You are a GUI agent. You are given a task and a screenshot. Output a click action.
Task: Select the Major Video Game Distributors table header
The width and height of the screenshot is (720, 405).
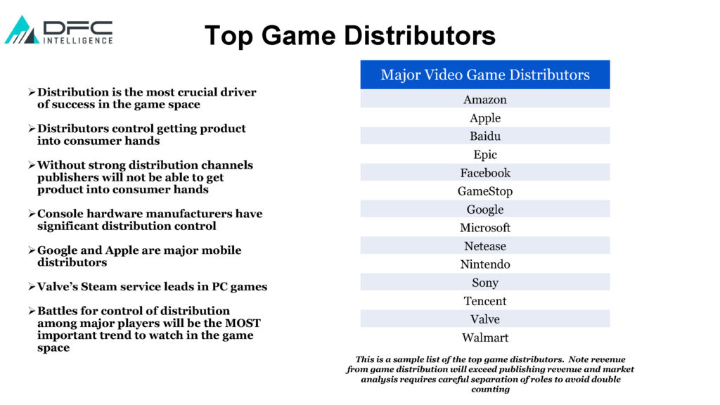point(485,75)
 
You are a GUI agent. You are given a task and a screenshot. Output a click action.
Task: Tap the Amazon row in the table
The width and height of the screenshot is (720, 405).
point(485,99)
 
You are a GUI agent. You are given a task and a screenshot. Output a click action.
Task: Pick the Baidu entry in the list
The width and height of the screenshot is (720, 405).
point(485,136)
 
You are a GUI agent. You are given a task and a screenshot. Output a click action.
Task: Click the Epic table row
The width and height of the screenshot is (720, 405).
point(485,154)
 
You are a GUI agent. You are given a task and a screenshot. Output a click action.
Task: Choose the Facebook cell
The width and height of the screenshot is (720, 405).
point(485,173)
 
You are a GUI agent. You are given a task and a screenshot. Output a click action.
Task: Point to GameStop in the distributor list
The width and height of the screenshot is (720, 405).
point(485,191)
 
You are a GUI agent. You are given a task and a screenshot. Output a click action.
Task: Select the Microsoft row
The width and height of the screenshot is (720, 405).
point(485,228)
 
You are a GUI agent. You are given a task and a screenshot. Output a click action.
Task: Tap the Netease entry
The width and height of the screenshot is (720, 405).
point(485,246)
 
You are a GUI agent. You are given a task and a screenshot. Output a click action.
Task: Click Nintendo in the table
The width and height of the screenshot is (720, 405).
point(485,264)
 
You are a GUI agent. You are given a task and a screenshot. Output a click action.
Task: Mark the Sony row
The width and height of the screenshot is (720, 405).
point(485,283)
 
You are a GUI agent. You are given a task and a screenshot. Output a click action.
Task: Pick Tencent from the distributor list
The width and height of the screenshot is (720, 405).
point(485,301)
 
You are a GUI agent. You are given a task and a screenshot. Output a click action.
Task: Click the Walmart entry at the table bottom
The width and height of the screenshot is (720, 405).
point(485,337)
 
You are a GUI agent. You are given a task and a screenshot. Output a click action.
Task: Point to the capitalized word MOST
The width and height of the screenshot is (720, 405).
point(243,323)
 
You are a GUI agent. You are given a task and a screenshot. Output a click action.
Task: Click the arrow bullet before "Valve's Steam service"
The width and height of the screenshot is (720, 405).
point(31,287)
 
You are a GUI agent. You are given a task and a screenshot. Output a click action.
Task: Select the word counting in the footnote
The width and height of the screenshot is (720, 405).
point(490,390)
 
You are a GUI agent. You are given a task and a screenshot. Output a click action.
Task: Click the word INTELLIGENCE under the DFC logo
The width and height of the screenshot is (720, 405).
point(78,40)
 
